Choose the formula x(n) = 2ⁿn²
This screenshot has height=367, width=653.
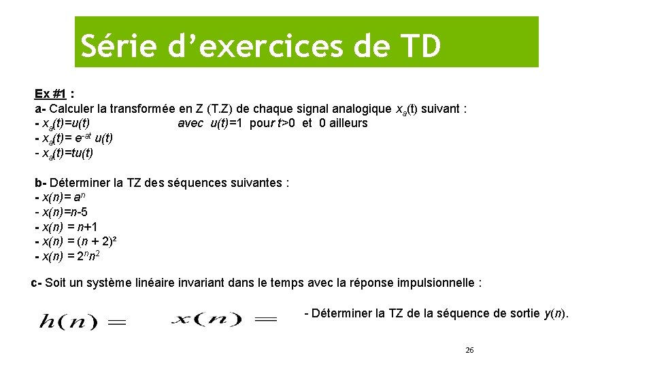71,256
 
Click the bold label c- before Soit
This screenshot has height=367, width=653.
37,283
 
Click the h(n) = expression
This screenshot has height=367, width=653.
82,321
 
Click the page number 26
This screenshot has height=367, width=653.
469,350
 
